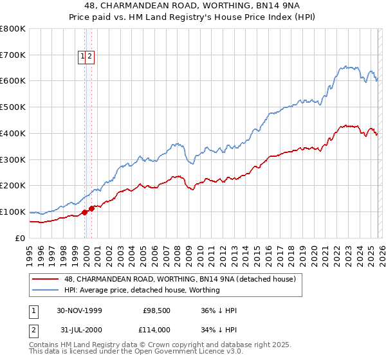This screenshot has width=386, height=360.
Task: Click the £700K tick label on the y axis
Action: tap(13, 55)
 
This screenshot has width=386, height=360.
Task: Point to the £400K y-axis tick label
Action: tap(13, 133)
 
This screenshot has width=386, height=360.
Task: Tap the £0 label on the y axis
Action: tap(19, 238)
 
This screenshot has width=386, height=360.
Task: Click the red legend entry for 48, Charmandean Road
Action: tap(179, 279)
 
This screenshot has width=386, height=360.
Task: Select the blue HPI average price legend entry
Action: tap(142, 290)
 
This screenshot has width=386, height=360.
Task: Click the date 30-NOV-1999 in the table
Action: tap(79, 310)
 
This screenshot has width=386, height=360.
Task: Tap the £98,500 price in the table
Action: tap(156, 310)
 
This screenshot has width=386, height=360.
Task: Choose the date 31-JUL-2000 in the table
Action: tap(79, 330)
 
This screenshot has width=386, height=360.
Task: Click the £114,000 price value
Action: tap(156, 330)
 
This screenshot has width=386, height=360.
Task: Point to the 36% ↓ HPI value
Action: tap(219, 310)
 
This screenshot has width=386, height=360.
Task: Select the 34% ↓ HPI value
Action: tap(219, 330)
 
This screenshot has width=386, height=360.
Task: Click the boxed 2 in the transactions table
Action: tap(32, 330)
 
